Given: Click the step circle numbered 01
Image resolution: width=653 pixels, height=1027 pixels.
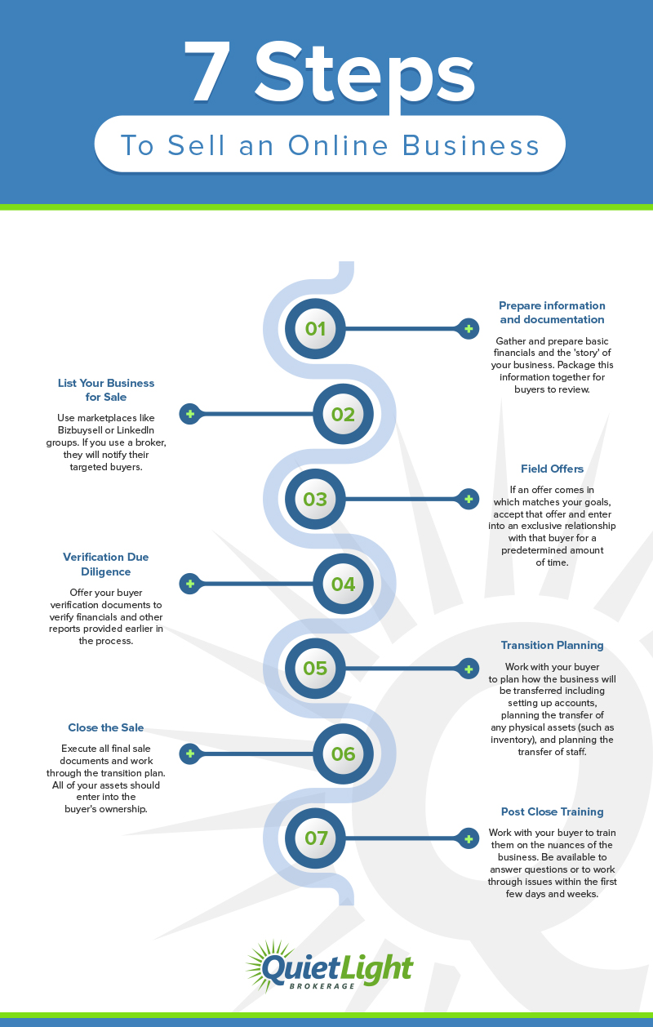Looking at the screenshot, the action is coord(315,328).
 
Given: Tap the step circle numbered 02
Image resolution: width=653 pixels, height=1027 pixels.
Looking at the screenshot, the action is coord(343,414).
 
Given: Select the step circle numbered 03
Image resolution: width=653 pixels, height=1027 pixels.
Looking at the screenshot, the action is coord(315,499).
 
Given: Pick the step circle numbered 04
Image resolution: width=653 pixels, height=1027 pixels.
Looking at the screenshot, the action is coord(343,584).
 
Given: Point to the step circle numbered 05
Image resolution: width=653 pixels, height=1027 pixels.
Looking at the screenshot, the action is coord(315,669).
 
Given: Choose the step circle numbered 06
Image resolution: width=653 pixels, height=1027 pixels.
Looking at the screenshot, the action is coord(343,754).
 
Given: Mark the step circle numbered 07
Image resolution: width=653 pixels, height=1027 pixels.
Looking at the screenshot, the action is coord(315,838).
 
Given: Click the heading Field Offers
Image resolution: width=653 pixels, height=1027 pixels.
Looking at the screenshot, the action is coord(552,469).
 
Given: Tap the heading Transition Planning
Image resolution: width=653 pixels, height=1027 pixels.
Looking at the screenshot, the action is coord(552,645).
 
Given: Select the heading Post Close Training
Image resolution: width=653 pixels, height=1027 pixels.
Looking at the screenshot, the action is coord(552,811).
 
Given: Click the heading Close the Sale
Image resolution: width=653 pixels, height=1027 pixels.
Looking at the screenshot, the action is coord(106,727).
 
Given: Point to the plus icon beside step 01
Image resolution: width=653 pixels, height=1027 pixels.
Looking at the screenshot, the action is coord(469,329).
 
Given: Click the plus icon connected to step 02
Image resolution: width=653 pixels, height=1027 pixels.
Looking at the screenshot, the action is coord(190,414).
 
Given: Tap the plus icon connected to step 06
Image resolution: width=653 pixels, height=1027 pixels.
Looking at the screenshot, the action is coord(190,754).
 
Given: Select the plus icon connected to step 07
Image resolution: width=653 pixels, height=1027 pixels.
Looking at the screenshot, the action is coord(469,838).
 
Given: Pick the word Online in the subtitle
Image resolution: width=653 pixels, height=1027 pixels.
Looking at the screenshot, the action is coord(339,145).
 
